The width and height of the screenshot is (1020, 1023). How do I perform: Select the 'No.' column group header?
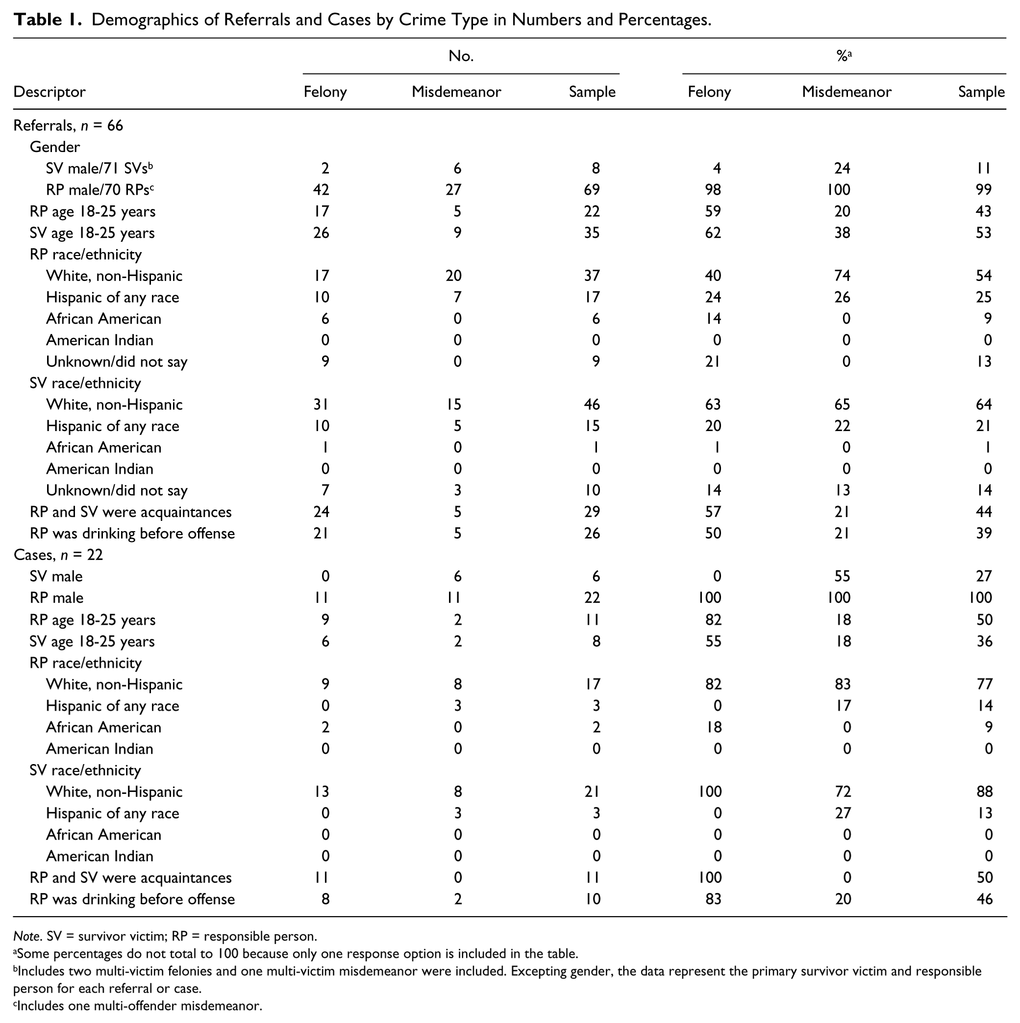pos(461,56)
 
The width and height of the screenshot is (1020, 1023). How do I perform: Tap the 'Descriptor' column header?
pos(49,92)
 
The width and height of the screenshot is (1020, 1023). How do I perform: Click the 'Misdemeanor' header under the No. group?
pos(456,92)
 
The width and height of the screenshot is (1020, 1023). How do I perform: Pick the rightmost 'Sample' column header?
pos(981,92)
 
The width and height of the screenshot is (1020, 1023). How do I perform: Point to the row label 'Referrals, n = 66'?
pos(68,126)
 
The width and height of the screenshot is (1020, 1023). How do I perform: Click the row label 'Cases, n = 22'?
pos(58,555)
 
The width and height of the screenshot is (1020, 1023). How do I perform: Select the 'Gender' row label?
pos(55,147)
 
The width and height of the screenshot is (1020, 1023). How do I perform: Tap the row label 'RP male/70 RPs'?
pos(100,190)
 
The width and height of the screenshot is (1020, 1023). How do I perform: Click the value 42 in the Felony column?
pos(322,190)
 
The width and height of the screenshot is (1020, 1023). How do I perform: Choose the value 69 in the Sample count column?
pos(592,190)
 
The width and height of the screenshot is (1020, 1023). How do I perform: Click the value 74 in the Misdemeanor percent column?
pos(842,276)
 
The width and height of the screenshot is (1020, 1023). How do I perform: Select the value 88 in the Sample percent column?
pos(985,792)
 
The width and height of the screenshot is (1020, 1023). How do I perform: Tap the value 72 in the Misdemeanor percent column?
pos(843,792)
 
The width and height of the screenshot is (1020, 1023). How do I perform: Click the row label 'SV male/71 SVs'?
pos(100,168)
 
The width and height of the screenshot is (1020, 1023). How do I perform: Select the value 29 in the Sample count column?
pos(592,512)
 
